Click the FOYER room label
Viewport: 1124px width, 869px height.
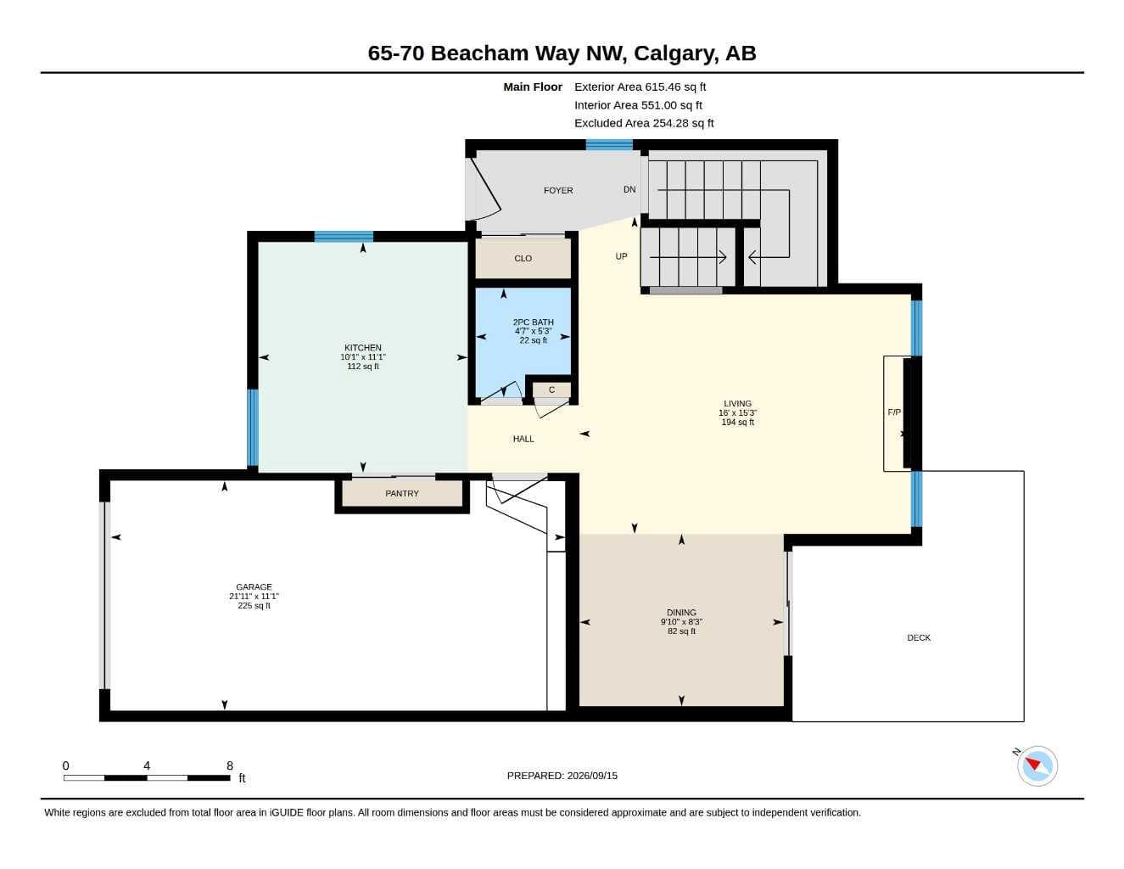click(558, 190)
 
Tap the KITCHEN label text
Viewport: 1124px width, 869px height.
click(362, 348)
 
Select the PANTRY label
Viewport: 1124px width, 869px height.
click(402, 493)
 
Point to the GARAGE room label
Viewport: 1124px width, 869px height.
click(254, 586)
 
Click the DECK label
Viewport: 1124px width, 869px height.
click(919, 638)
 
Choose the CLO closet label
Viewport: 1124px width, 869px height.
click(523, 258)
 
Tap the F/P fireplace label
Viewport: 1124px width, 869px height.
click(894, 412)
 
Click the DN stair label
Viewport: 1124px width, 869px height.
click(629, 189)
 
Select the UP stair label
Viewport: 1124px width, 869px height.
click(621, 256)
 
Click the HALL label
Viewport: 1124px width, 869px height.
click(523, 439)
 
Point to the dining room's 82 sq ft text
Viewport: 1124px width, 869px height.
click(681, 631)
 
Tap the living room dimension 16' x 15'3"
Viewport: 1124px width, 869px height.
click(738, 412)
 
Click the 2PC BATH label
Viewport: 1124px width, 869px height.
click(534, 322)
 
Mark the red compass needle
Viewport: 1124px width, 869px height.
click(1033, 764)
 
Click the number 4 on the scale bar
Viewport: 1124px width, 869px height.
click(147, 765)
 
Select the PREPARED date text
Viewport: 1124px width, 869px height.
click(562, 776)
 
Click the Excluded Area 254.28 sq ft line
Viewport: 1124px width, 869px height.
click(644, 123)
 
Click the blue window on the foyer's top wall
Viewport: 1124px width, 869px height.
click(609, 145)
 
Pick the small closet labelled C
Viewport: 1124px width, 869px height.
click(552, 390)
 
